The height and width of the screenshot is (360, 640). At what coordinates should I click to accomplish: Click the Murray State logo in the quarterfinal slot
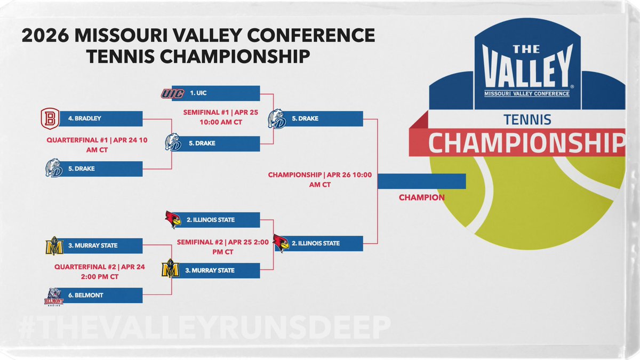coord(54,246)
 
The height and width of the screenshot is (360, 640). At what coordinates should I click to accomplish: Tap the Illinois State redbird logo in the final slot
coord(281,243)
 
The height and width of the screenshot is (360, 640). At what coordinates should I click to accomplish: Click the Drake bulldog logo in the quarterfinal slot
coord(54,169)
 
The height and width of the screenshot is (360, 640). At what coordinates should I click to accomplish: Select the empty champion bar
coord(421,181)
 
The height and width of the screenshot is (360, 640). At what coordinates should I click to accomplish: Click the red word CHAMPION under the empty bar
coord(421,198)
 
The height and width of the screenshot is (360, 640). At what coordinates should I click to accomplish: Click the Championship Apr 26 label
coord(319,180)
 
